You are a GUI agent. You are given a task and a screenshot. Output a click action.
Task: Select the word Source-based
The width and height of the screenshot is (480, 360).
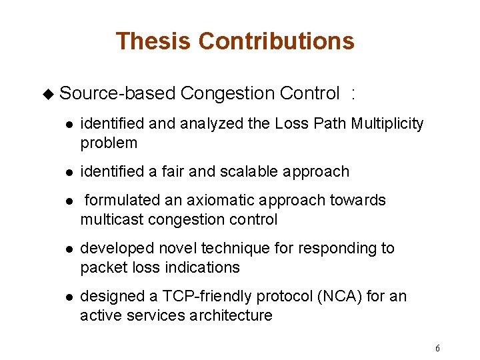[x=117, y=94]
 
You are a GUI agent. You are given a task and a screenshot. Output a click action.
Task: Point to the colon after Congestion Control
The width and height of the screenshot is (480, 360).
[x=353, y=94]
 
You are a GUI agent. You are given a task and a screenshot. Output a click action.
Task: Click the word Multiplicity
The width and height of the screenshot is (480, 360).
[x=387, y=123]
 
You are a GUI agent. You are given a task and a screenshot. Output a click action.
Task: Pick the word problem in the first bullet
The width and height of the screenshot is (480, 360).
[x=109, y=143]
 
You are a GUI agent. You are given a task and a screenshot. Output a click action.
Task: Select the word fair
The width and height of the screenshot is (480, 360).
[x=171, y=171]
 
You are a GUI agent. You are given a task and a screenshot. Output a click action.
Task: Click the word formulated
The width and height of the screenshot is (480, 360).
[x=123, y=200]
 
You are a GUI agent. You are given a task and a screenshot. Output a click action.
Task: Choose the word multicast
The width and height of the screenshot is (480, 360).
[x=111, y=219]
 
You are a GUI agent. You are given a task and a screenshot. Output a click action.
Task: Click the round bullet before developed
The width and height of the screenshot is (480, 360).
[x=69, y=249]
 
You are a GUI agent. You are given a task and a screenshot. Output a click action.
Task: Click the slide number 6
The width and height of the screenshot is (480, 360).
[x=437, y=349]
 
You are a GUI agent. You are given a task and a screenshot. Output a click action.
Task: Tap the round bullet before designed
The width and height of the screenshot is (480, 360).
[x=69, y=297]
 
